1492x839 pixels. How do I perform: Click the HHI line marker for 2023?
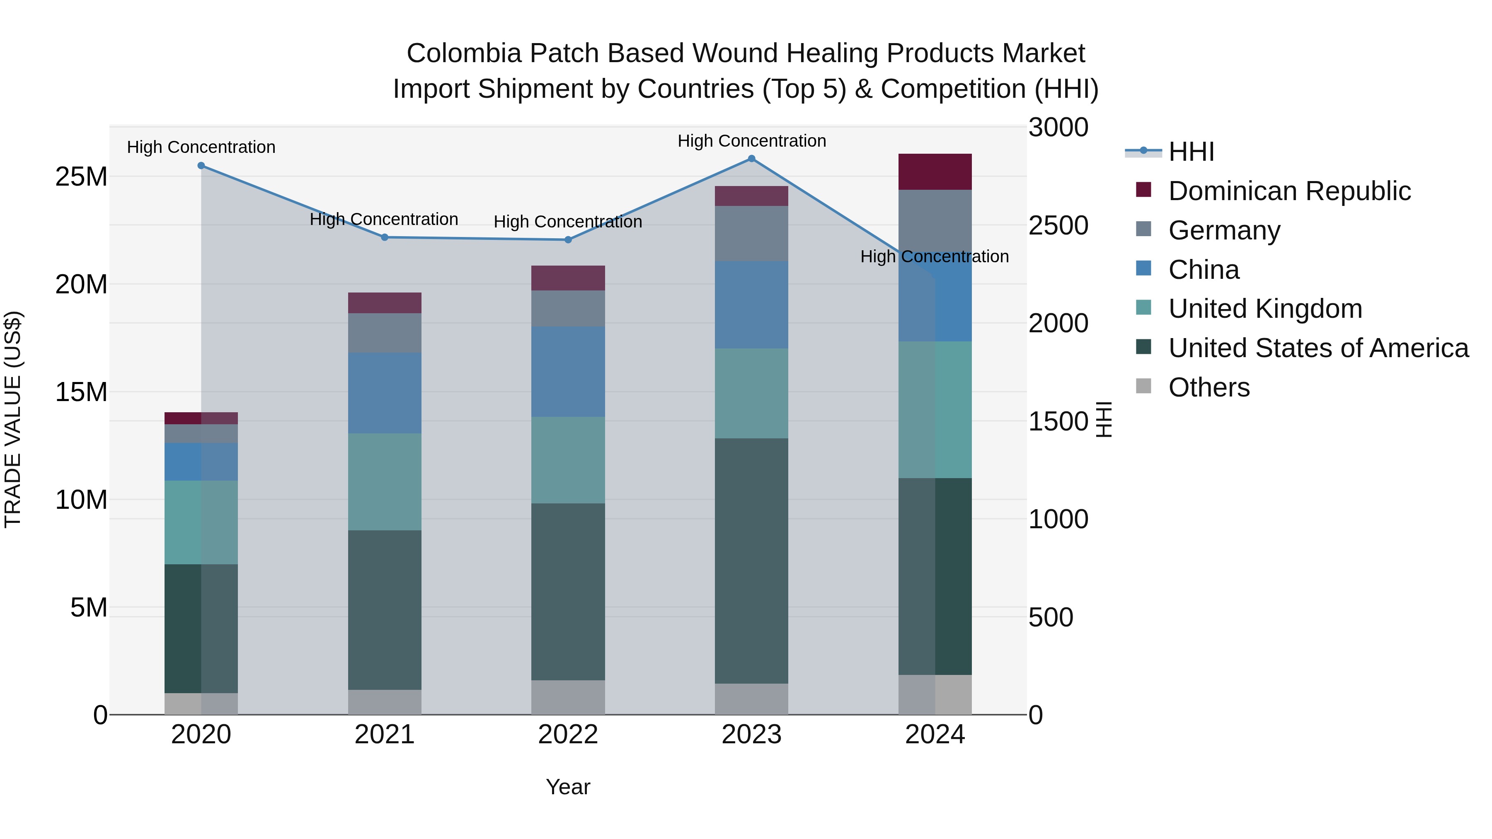pos(751,159)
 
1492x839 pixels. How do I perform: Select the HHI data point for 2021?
pos(385,237)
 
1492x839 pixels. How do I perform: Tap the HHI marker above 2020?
pos(201,166)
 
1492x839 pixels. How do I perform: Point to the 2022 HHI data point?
pos(568,240)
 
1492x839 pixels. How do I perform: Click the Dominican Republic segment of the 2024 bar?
pos(935,172)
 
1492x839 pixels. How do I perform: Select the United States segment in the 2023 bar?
pos(751,561)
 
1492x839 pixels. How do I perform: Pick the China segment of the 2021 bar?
pos(385,393)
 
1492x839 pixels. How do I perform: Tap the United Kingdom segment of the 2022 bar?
pos(568,460)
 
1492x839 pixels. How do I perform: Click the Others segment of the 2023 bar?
pos(751,699)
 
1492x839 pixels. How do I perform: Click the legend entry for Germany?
pos(1224,230)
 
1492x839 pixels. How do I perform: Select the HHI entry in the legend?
pos(1191,152)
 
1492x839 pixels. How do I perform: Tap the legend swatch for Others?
pos(1143,386)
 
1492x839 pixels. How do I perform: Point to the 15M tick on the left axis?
pos(81,392)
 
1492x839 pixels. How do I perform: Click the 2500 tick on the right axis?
pos(1058,225)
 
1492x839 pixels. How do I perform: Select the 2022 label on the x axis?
pos(568,735)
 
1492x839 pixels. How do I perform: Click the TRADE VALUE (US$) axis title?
pos(13,419)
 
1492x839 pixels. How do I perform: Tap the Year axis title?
pos(568,787)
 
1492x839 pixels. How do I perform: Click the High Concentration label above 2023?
pos(751,141)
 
